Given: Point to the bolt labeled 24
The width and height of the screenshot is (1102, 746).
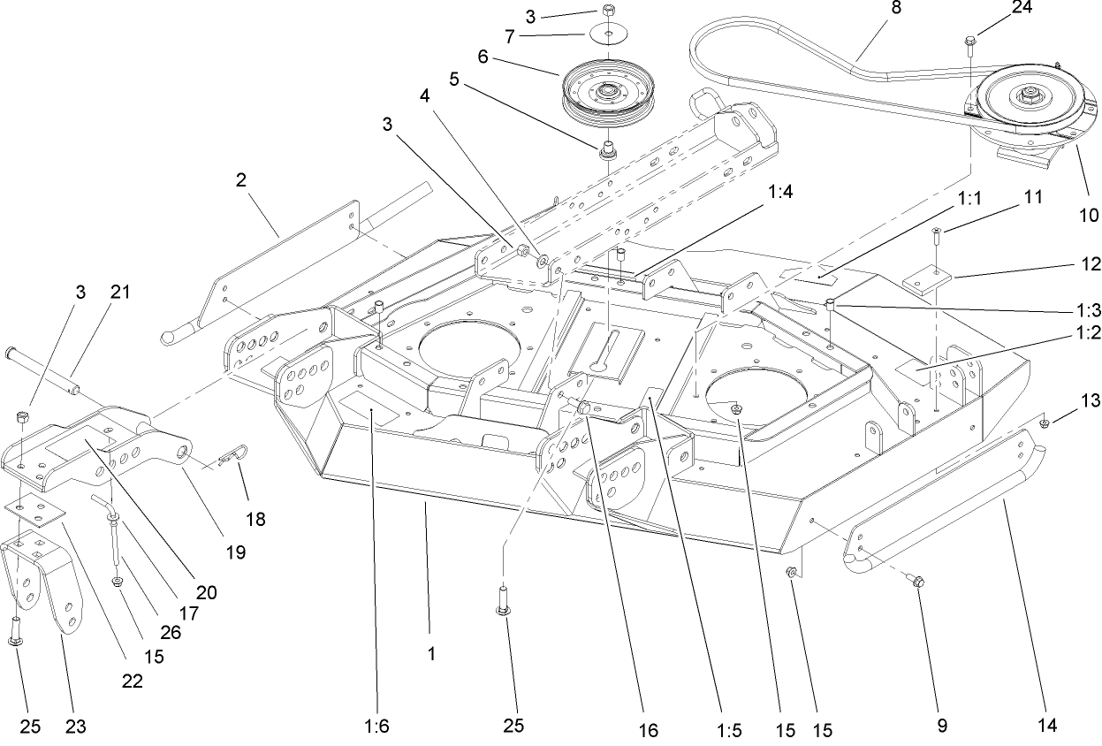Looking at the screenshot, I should tap(970, 41).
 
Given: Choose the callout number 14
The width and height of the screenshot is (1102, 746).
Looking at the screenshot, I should tap(1049, 726).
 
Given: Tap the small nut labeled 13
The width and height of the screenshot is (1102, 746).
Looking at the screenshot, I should tap(1044, 424).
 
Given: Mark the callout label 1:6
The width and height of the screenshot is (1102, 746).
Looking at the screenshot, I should tap(376, 727).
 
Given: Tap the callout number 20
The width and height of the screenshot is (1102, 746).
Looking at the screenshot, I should tap(206, 593).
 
